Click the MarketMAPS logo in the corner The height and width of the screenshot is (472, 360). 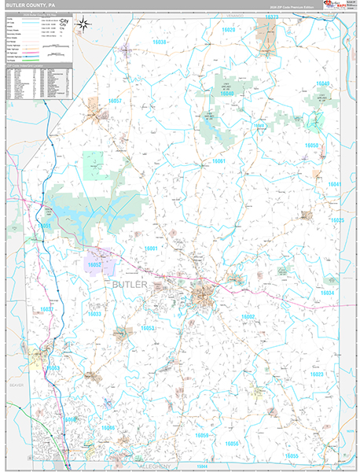click(338, 7)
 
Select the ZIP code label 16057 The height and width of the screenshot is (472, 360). click(116, 101)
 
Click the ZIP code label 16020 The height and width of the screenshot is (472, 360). click(227, 30)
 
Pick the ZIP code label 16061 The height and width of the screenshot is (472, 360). click(218, 161)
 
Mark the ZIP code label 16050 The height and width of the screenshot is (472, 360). click(313, 146)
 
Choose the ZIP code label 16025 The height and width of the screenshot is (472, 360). click(337, 221)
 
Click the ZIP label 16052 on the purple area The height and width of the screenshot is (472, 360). click(95, 267)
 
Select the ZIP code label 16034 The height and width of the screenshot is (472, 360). click(328, 293)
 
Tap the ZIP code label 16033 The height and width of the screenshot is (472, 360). click(94, 314)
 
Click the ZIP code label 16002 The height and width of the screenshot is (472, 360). click(248, 316)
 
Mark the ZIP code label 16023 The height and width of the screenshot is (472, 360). click(317, 374)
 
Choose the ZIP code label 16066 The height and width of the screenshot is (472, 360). click(108, 428)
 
